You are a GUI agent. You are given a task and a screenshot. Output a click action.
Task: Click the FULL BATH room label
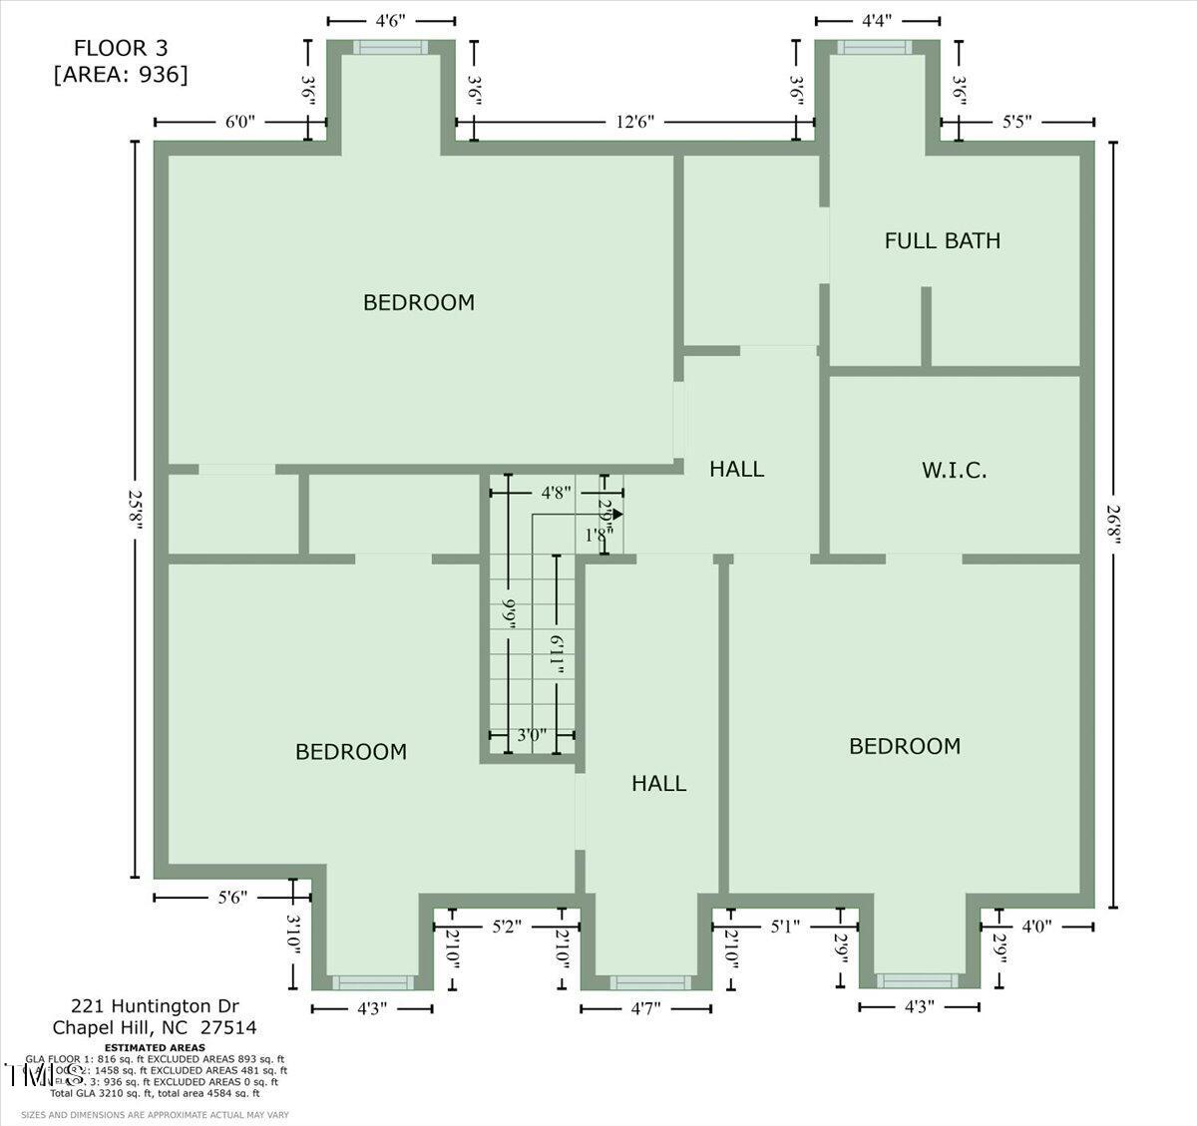pyautogui.click(x=942, y=240)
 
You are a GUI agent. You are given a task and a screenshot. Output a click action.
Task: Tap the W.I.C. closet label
pyautogui.click(x=954, y=470)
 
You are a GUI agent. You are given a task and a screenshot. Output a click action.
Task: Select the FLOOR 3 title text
pyautogui.click(x=121, y=48)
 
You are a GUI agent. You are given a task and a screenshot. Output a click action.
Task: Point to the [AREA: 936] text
pyautogui.click(x=121, y=74)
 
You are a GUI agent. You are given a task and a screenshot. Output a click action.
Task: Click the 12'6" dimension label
pyautogui.click(x=634, y=122)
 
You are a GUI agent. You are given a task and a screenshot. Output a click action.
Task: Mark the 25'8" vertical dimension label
pyautogui.click(x=136, y=510)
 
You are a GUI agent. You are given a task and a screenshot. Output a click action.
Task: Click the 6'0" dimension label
pyautogui.click(x=239, y=122)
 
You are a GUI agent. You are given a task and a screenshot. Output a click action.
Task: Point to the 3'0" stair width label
pyautogui.click(x=532, y=735)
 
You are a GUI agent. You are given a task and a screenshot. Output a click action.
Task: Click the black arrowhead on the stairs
pyautogui.click(x=617, y=515)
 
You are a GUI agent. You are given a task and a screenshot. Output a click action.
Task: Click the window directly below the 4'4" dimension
pyautogui.click(x=874, y=47)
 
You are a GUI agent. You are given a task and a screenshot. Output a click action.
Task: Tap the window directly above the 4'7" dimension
pyautogui.click(x=645, y=982)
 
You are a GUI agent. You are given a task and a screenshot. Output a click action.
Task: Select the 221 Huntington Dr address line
pyautogui.click(x=155, y=1005)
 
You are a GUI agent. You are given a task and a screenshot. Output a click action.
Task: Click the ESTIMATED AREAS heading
pyautogui.click(x=155, y=1048)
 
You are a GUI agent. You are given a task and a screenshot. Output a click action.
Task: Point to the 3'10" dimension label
pyautogui.click(x=293, y=936)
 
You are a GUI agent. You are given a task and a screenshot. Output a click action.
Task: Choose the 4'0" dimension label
pyautogui.click(x=1030, y=927)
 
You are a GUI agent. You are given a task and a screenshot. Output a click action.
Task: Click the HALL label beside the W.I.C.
pyautogui.click(x=736, y=469)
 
